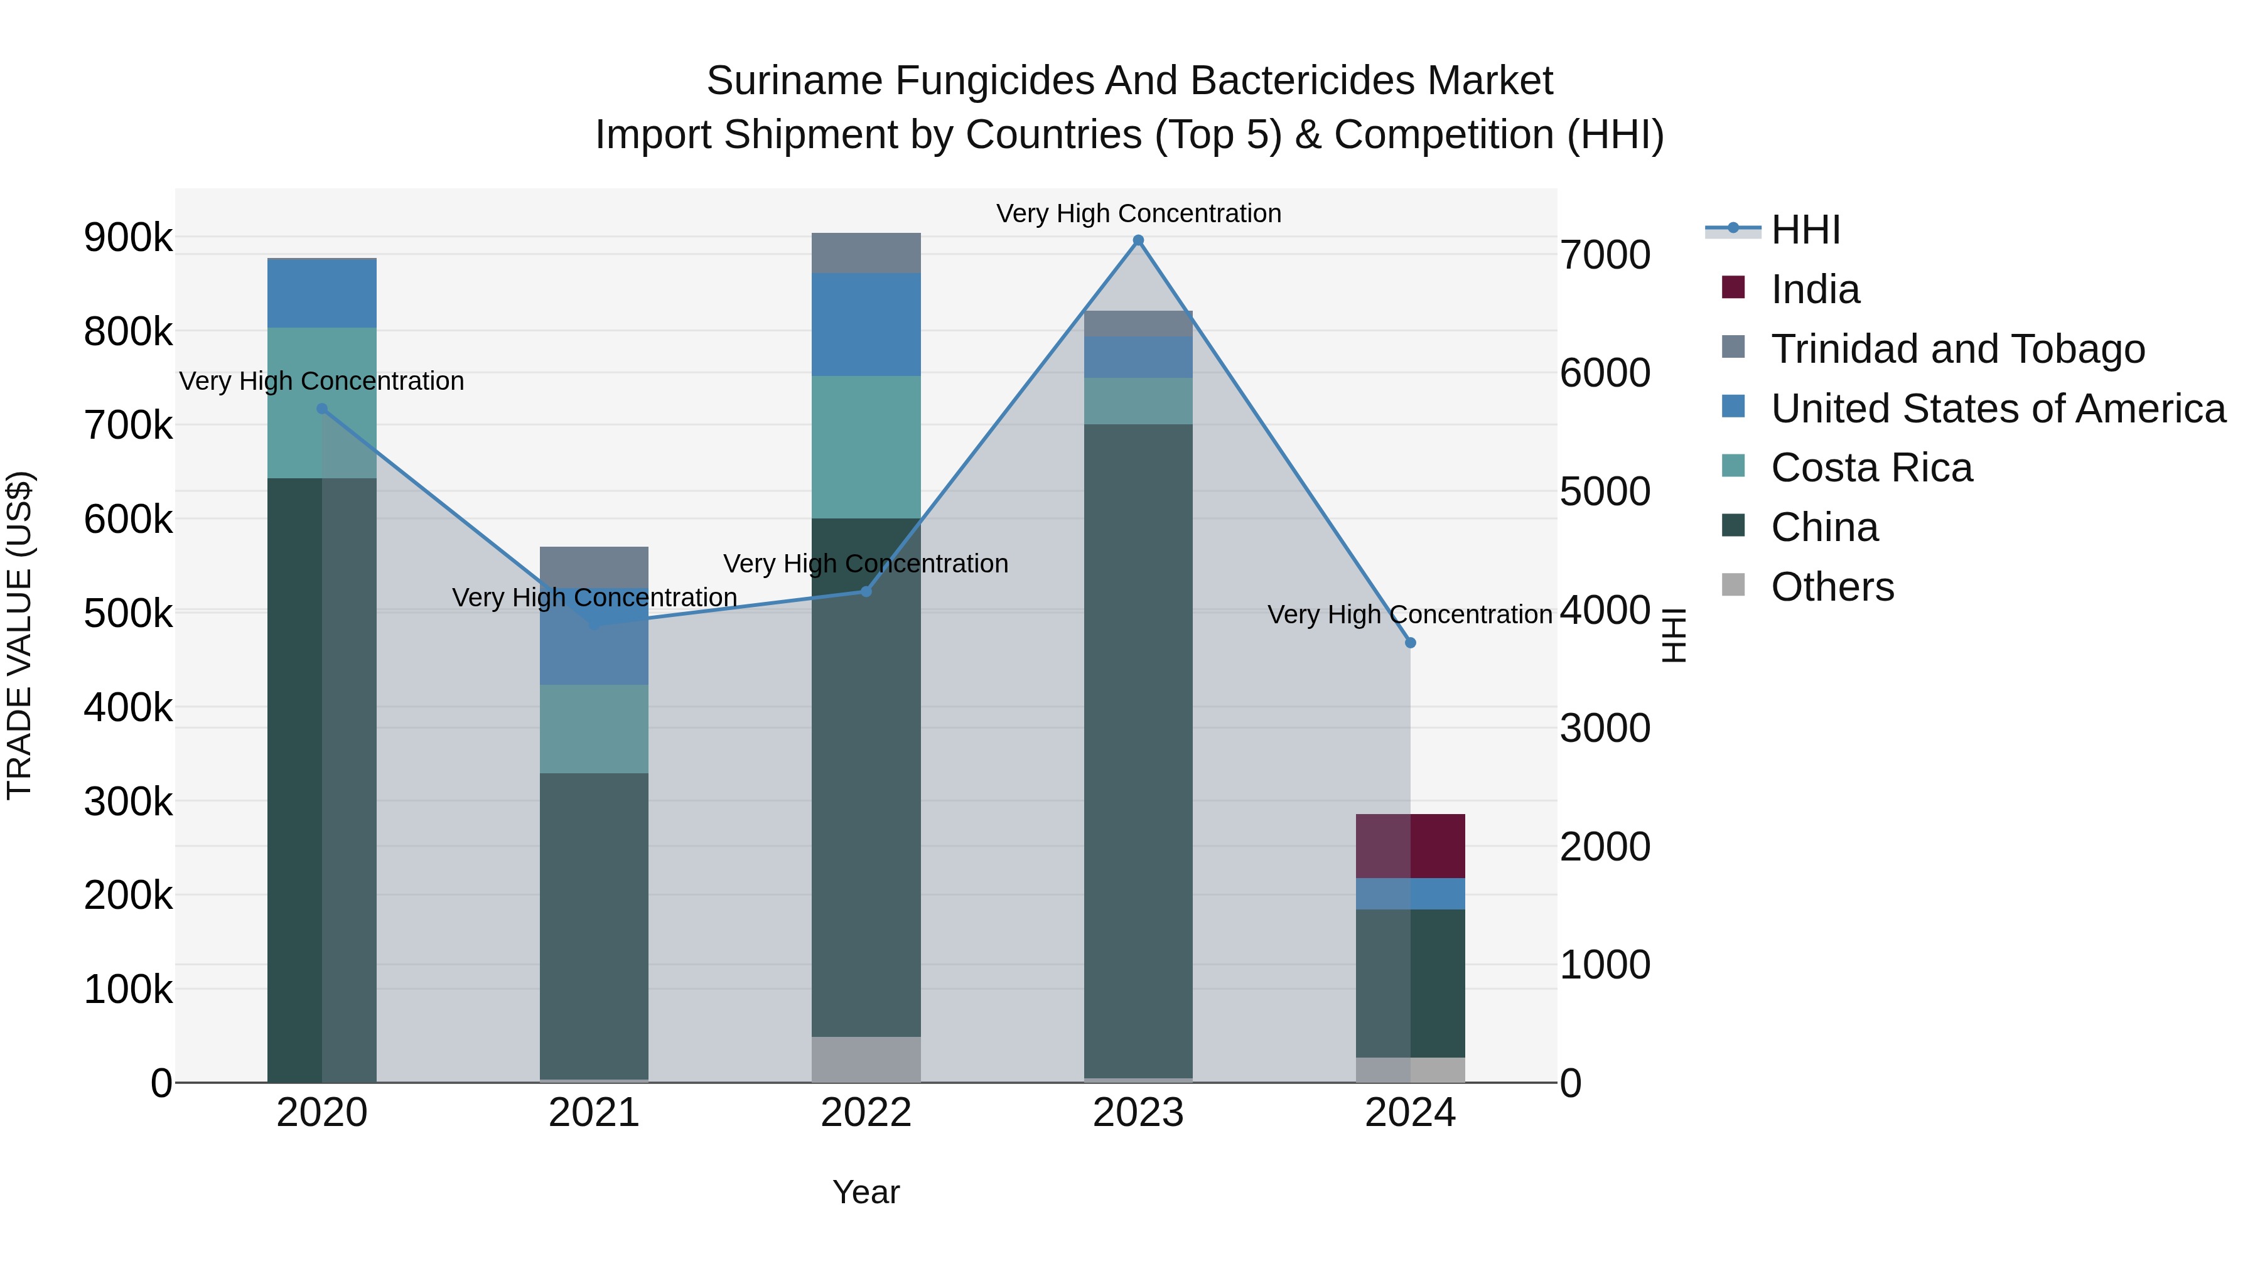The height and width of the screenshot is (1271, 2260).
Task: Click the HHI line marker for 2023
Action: tap(1138, 240)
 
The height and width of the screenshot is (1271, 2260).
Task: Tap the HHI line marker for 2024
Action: tap(1411, 643)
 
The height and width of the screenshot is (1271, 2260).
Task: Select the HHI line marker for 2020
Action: tap(322, 409)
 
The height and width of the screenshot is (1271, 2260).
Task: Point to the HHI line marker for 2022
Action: tap(866, 591)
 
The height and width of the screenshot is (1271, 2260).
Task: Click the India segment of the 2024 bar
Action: tap(1411, 847)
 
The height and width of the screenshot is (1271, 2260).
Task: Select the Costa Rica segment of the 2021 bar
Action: tap(594, 729)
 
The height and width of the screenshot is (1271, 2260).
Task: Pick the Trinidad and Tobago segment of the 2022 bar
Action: tap(866, 254)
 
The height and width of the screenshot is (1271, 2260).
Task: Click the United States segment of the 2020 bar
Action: tap(322, 294)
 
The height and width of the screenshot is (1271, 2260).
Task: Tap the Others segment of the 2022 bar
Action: tap(866, 1059)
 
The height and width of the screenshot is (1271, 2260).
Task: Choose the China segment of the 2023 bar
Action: tap(1138, 751)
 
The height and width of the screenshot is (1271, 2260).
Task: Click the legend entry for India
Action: tap(1814, 289)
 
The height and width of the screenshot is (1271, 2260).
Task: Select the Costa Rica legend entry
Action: tap(1871, 468)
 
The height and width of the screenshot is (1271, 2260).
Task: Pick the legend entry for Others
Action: tap(1832, 587)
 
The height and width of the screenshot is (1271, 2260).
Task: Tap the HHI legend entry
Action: tap(1805, 230)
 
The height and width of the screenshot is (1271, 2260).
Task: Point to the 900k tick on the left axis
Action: tap(128, 238)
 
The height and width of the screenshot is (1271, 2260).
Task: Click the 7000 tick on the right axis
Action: tap(1605, 255)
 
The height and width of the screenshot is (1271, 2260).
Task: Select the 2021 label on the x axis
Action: tap(594, 1113)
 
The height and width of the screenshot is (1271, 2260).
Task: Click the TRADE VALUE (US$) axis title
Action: tap(20, 635)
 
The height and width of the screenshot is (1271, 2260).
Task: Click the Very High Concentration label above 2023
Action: tap(1138, 213)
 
